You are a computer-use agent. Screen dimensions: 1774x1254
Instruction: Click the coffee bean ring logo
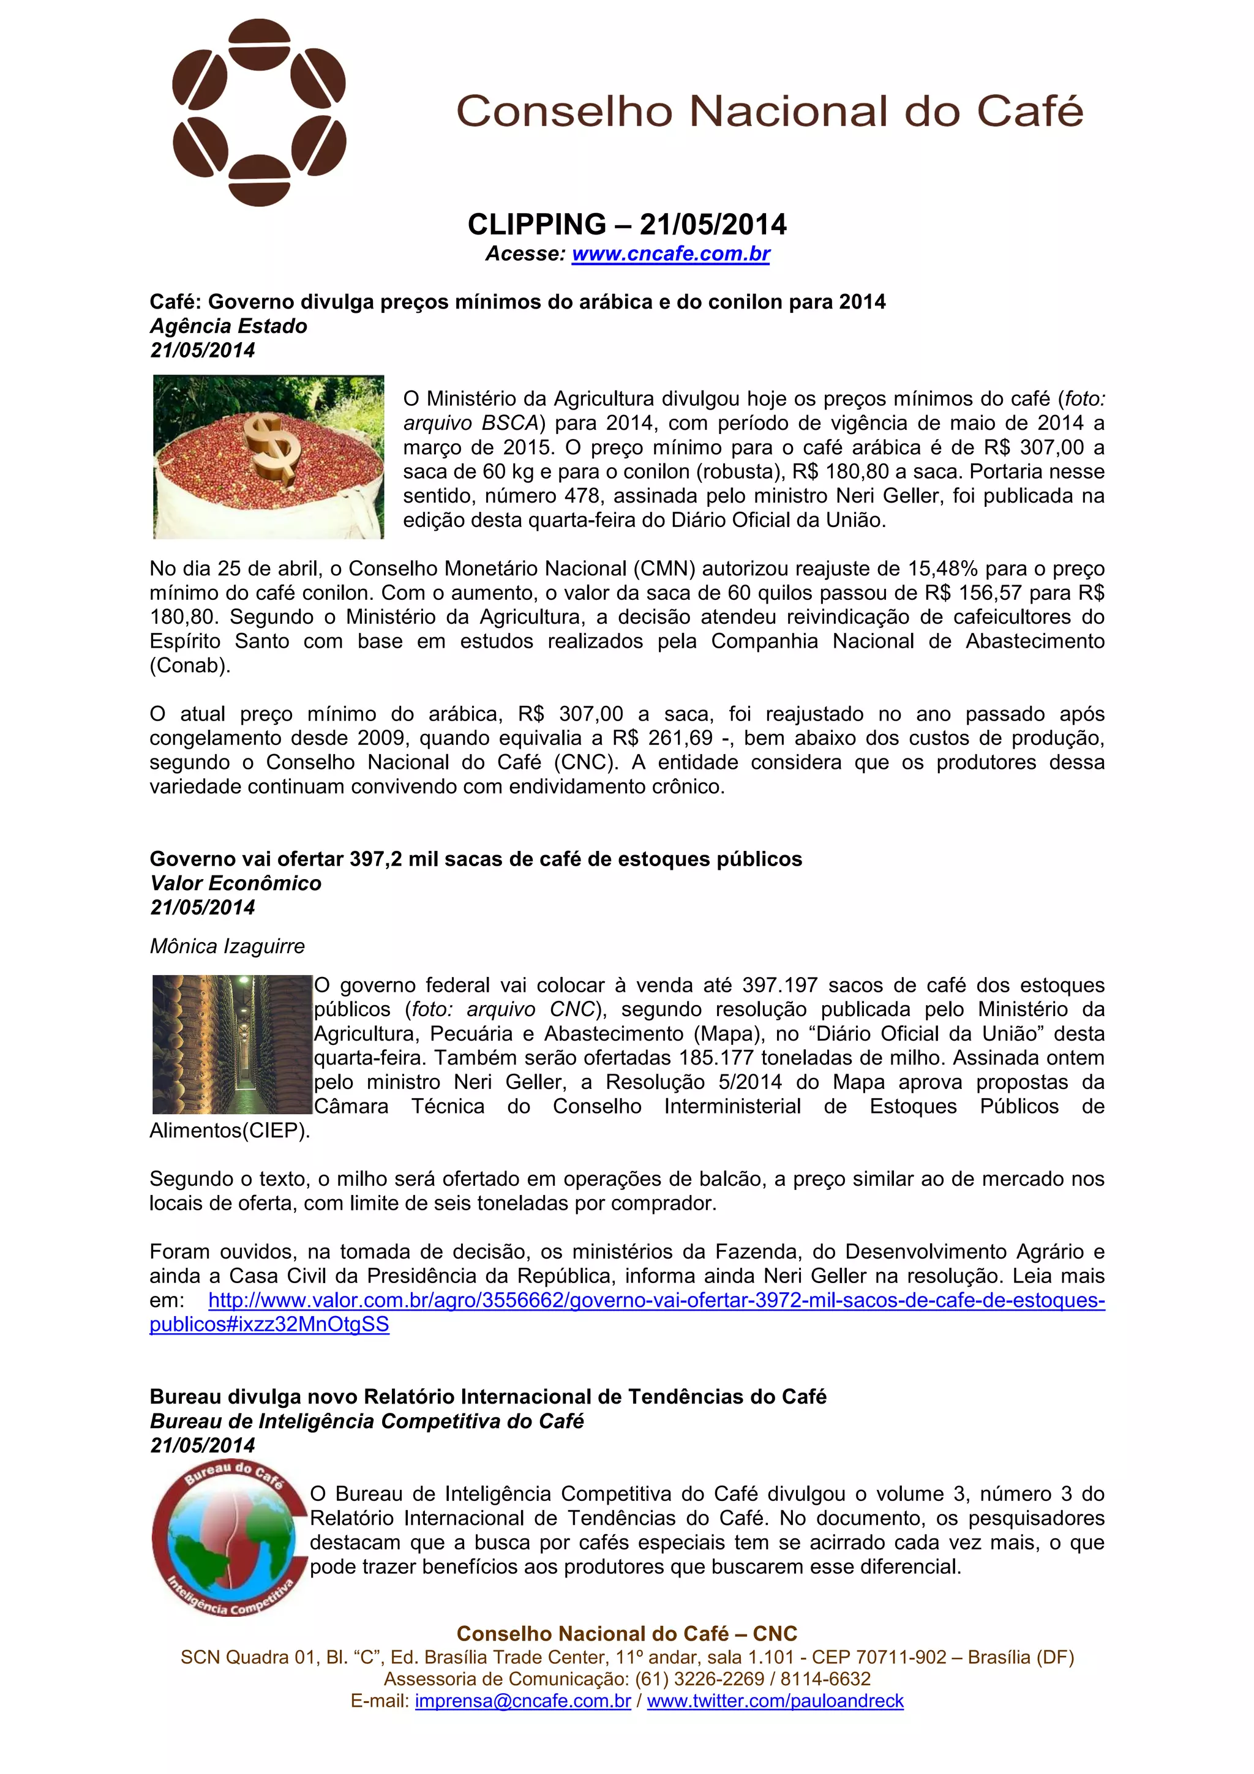point(259,113)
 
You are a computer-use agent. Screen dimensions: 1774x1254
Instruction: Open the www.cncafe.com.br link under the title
point(670,253)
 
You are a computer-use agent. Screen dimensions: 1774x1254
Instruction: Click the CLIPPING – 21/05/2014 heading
point(626,225)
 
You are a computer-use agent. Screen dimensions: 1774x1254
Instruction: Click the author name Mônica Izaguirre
point(227,946)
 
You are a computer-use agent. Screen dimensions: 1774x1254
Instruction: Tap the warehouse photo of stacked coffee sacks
point(232,1044)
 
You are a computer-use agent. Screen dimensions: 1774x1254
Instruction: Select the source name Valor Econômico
point(236,883)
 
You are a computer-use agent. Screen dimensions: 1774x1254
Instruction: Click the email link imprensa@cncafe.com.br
point(522,1701)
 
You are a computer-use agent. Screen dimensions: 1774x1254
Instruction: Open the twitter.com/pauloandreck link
point(775,1701)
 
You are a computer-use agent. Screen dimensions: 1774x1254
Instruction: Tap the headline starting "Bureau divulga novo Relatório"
point(487,1397)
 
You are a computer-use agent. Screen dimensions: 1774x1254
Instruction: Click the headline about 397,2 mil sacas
point(475,859)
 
